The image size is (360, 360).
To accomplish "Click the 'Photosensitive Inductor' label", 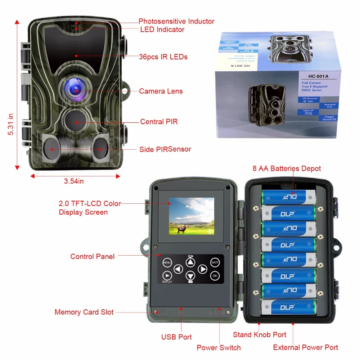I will click(176, 21).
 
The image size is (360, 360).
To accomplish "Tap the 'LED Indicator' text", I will click(162, 30).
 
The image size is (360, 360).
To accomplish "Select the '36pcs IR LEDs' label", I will click(163, 57).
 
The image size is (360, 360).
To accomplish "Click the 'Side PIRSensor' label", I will click(165, 149).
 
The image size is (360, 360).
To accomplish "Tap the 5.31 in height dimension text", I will click(10, 124).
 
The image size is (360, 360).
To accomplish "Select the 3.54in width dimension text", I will click(74, 181).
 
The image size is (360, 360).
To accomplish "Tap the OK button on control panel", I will click(215, 276).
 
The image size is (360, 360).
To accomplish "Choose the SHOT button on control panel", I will click(215, 262).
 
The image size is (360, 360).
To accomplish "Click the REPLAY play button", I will click(166, 276).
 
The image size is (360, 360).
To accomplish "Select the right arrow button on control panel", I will click(202, 269).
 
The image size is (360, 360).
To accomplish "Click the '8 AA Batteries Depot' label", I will click(287, 168).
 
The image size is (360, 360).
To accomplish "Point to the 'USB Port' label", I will click(176, 337).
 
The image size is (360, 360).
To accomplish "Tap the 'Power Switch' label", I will click(219, 347).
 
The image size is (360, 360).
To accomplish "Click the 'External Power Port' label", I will click(306, 347).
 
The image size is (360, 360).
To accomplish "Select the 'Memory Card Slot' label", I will click(84, 312).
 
